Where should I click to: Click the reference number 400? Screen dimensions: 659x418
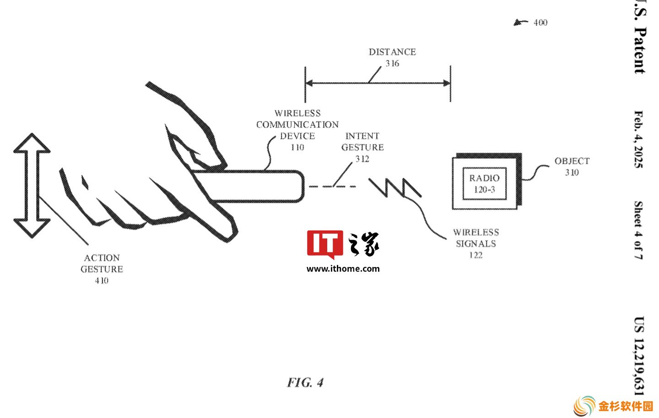click(540, 22)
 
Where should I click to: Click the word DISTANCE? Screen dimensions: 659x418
click(392, 52)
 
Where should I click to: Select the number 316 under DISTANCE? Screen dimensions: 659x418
click(392, 64)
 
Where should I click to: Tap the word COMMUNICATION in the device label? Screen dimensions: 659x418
click(297, 125)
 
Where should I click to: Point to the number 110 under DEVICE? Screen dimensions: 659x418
click(297, 147)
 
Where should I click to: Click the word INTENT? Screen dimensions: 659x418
click(362, 136)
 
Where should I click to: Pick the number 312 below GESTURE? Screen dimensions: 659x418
click(362, 159)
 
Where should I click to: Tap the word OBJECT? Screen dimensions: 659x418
click(572, 161)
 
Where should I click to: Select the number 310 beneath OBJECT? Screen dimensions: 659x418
click(572, 172)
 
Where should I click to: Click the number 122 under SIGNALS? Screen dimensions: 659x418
click(476, 255)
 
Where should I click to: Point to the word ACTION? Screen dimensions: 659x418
click(102, 258)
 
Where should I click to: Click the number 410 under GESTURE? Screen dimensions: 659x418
click(102, 281)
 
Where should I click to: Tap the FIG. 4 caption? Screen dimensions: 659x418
click(305, 382)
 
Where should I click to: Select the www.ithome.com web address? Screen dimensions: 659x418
click(343, 268)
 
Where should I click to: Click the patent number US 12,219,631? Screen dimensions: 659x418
click(639, 356)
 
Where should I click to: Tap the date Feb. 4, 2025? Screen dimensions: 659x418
click(638, 139)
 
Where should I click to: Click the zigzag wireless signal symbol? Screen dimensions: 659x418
click(395, 187)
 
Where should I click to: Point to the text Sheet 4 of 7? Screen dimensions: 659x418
click(638, 230)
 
